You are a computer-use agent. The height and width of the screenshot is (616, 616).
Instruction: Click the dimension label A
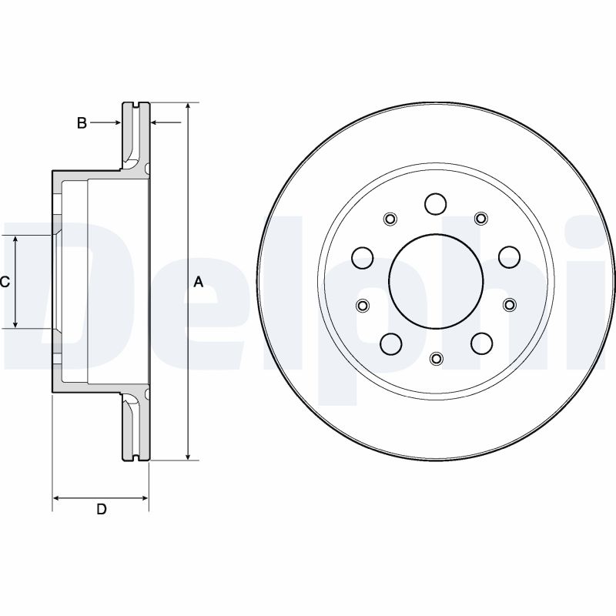(198, 283)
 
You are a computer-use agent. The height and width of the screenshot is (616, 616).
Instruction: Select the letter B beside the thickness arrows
(82, 122)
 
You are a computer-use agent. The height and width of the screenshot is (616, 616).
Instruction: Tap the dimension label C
(5, 283)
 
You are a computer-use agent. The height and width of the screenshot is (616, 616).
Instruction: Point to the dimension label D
(101, 509)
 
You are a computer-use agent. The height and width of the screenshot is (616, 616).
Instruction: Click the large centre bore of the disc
(436, 281)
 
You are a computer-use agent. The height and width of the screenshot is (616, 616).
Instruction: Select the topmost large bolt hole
(436, 204)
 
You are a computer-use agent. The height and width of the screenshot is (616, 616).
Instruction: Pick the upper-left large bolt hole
(363, 256)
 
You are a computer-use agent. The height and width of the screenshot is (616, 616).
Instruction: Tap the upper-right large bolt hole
(509, 256)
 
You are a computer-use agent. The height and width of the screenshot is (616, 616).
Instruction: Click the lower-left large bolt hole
(390, 343)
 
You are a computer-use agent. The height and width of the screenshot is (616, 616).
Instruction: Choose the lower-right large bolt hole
(481, 343)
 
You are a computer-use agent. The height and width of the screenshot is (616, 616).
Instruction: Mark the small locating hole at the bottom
(436, 359)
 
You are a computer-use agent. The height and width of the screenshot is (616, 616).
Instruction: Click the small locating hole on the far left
(362, 306)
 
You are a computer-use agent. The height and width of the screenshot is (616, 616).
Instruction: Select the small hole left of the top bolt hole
(390, 218)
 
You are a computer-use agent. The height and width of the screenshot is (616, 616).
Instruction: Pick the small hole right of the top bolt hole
(481, 218)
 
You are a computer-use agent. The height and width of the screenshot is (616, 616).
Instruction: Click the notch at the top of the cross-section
(136, 105)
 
